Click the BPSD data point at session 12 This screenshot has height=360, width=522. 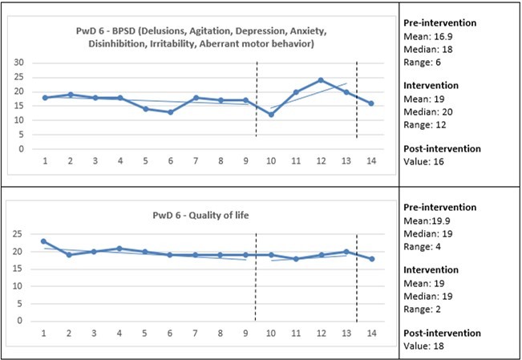click(x=321, y=80)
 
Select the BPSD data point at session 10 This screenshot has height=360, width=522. click(x=271, y=115)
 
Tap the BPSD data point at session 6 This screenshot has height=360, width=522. click(x=171, y=112)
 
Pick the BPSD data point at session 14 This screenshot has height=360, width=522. click(x=370, y=103)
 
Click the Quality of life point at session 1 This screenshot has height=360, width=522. click(x=45, y=241)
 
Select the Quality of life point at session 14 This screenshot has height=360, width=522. click(x=370, y=258)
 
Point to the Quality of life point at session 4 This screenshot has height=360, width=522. click(x=120, y=249)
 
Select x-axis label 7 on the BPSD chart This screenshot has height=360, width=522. click(x=196, y=160)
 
